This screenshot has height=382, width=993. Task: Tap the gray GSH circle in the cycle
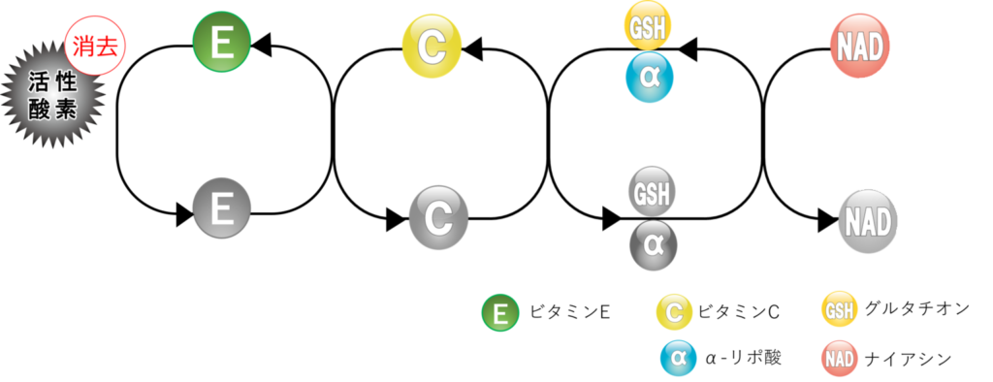pos(652,190)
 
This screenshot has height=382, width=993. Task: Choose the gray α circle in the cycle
pos(653,246)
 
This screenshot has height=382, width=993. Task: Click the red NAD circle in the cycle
pos(859,47)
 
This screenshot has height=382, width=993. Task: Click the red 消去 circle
pos(95,47)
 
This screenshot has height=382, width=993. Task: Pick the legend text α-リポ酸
pos(743,358)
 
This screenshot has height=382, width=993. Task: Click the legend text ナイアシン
pos(908,359)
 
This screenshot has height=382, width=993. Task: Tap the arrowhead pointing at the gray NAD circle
pos(828,220)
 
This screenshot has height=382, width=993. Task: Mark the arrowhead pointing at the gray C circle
pos(397,219)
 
